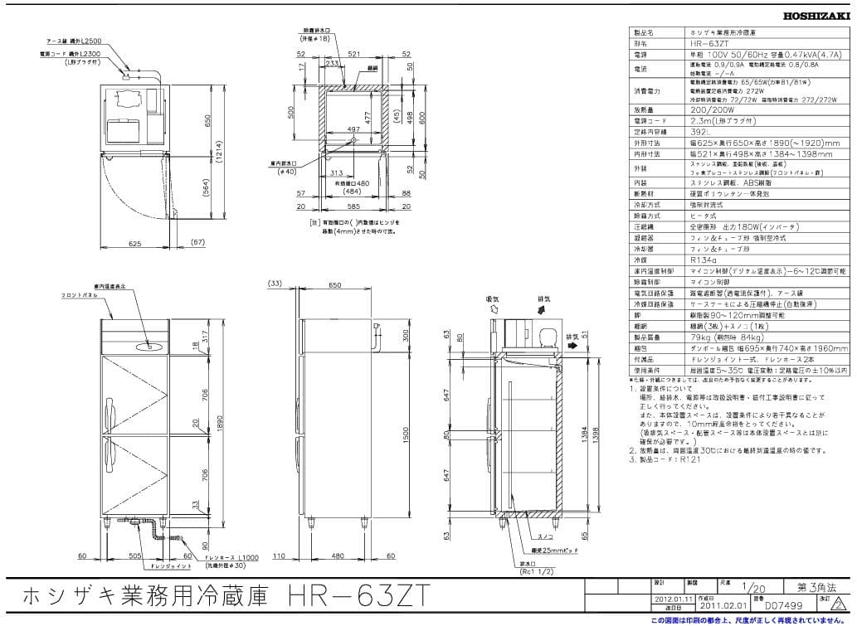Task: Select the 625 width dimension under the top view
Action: coord(136,244)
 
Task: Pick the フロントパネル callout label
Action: coord(80,296)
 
